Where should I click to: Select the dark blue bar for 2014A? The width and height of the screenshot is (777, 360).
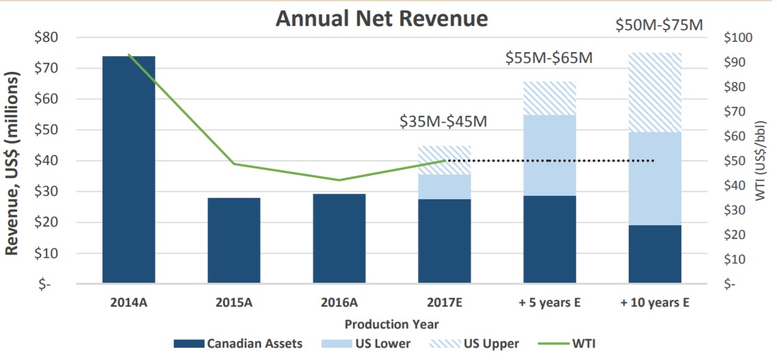click(x=129, y=169)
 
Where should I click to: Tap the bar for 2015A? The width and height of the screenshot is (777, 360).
click(x=234, y=240)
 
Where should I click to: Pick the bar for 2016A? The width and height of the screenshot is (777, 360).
click(x=339, y=238)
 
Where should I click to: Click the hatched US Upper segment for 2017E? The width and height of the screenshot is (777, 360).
click(x=445, y=160)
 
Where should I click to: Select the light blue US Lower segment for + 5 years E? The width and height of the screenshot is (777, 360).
click(x=550, y=155)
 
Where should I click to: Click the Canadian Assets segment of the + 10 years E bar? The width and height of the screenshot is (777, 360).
click(x=655, y=253)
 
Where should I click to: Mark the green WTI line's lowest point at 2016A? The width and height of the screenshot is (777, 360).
click(x=339, y=180)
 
